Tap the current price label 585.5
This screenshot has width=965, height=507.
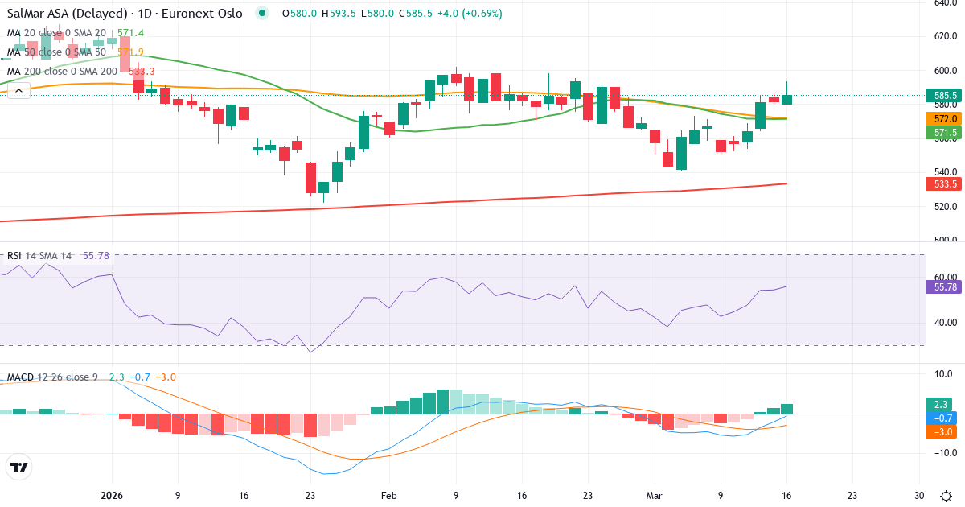point(943,96)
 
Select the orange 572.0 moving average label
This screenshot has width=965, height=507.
point(943,118)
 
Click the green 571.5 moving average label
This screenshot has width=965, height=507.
point(943,132)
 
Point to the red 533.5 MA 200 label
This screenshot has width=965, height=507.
point(943,184)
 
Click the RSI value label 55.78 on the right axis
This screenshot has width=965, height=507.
point(943,287)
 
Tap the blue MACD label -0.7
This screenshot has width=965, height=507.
point(943,418)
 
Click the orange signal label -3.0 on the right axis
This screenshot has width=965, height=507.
point(943,432)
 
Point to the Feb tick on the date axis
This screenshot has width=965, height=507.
point(389,496)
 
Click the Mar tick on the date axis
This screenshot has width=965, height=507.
point(654,496)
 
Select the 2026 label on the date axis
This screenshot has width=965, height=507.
point(111,496)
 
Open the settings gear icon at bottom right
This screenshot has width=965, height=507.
point(947,496)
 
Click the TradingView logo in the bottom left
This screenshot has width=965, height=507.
point(19,468)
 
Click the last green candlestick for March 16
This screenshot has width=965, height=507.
point(786,99)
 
